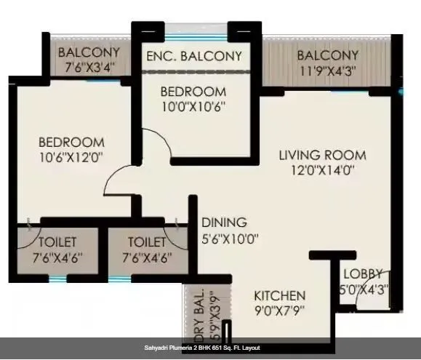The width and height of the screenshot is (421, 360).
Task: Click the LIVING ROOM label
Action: pos(324,156)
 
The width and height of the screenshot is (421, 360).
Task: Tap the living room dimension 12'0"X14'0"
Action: pos(324,171)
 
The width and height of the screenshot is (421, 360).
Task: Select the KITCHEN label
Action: pos(279,296)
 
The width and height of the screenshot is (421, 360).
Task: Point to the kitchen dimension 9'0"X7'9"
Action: pos(279,311)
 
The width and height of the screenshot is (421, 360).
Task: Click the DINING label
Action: pos(224,223)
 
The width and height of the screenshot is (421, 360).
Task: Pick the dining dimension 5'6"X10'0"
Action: pos(230,238)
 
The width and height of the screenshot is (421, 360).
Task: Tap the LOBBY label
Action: pos(362,273)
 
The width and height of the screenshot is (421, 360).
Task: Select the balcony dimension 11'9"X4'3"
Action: pos(328,71)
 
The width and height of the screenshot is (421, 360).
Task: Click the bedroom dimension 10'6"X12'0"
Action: pos(71,156)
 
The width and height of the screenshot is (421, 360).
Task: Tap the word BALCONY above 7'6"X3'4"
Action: pos(88,52)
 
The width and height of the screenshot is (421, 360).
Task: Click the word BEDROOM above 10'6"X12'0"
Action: pos(71,142)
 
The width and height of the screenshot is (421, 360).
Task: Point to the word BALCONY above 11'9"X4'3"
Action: pos(328,55)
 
